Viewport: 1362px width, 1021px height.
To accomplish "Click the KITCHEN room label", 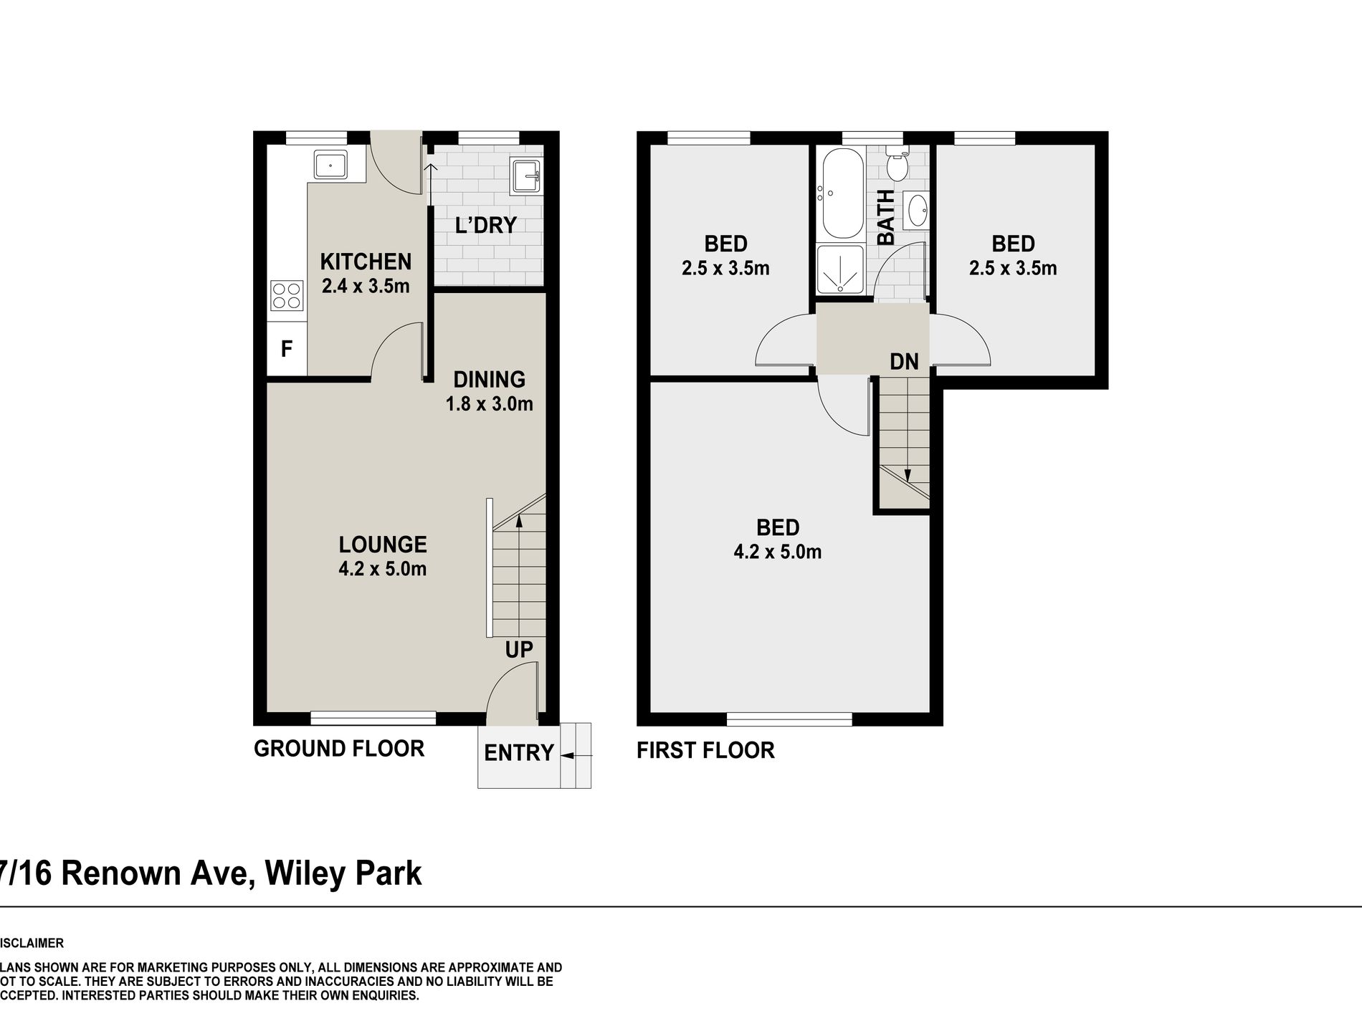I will coord(366,262).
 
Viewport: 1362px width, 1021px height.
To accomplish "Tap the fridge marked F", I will coord(287,349).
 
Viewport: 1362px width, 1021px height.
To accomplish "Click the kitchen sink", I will coord(330,165).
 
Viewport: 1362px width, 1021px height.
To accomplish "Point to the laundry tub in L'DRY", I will coord(528,176).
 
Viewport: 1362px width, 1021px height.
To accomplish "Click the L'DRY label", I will coord(485,225).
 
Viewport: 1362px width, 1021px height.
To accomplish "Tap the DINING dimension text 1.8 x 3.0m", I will coord(489,404).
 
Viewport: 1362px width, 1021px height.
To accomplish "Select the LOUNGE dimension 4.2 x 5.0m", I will coord(382,570).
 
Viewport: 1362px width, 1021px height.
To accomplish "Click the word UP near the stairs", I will coord(518,650).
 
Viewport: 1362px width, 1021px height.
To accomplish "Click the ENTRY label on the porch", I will coord(518,753).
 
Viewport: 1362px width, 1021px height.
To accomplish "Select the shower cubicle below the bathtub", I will coord(842,270).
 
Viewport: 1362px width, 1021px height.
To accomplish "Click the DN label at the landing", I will coord(904,362).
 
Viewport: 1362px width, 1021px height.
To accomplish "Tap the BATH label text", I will coord(887,217).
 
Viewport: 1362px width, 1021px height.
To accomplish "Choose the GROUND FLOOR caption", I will coord(339,749).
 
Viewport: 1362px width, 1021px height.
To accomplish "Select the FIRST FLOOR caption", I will coord(705,751).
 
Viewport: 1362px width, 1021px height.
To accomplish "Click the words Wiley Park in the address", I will coord(343,874).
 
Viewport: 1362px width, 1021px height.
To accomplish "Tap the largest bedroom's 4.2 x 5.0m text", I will coord(777,552).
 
